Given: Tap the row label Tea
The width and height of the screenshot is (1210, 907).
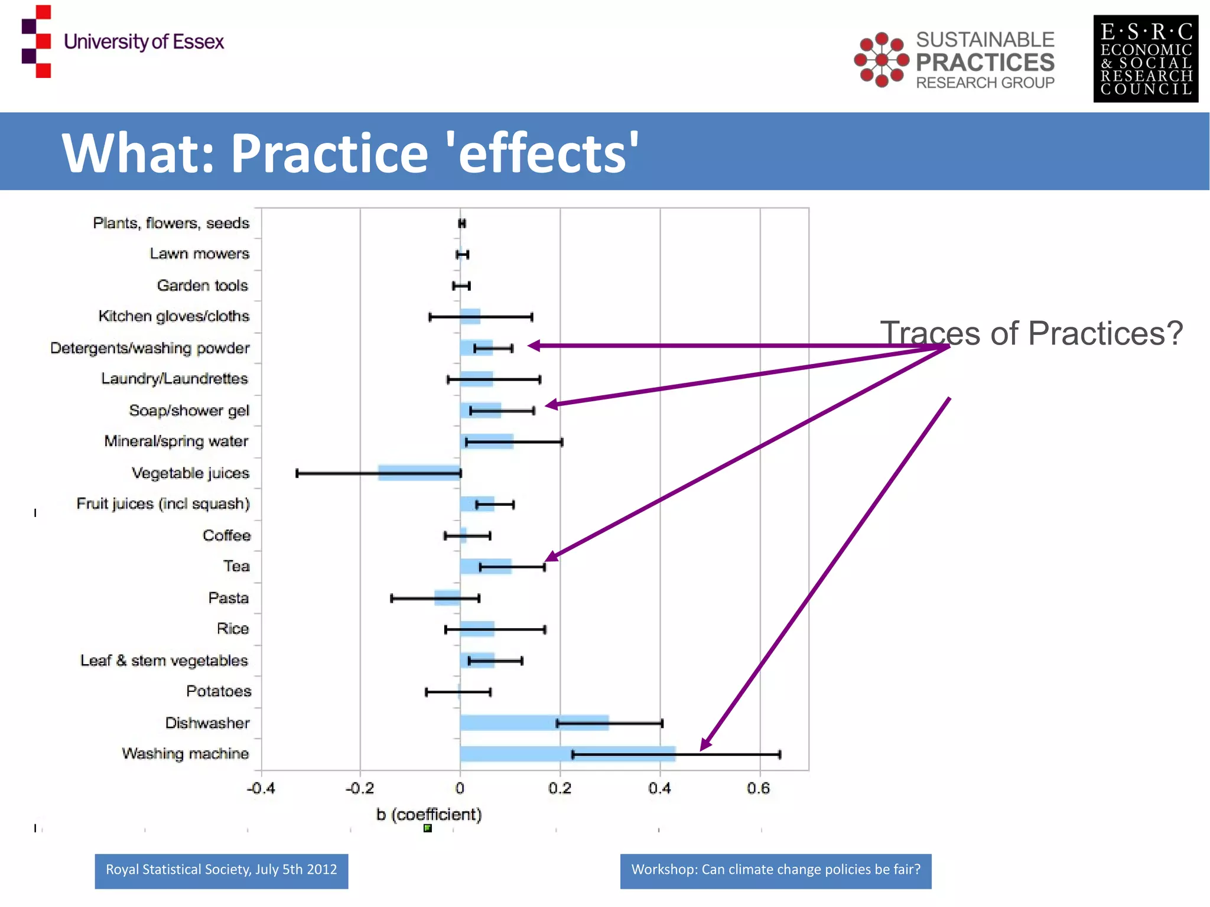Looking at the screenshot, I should click(x=236, y=566).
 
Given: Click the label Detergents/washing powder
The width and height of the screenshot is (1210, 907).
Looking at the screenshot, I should click(x=149, y=348).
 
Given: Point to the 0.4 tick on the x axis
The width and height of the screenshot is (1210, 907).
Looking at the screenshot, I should click(x=659, y=788).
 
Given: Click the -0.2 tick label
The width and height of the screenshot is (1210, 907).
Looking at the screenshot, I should click(x=359, y=788).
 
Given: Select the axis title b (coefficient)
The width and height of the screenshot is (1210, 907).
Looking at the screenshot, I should click(x=429, y=814).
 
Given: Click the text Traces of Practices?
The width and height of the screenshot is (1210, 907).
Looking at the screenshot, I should click(x=1031, y=333).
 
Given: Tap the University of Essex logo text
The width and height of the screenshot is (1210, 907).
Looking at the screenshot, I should click(x=144, y=42).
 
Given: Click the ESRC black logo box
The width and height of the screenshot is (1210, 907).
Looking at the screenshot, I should click(x=1145, y=58).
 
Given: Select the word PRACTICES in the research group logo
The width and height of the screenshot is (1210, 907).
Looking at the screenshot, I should click(x=985, y=62).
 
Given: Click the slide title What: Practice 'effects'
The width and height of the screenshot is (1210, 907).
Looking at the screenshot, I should click(x=350, y=152).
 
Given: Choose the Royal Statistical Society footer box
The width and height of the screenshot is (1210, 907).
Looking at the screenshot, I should click(x=221, y=870).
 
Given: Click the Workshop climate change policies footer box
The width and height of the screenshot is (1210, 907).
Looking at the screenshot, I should click(x=775, y=870).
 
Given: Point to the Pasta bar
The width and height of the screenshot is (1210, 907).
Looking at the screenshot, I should click(x=447, y=597).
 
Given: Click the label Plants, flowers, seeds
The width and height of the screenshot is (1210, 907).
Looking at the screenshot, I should click(x=171, y=223).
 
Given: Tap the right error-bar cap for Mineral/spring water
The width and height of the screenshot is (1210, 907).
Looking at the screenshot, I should click(x=561, y=442).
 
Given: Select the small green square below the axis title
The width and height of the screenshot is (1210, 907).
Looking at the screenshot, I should click(x=428, y=828).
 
